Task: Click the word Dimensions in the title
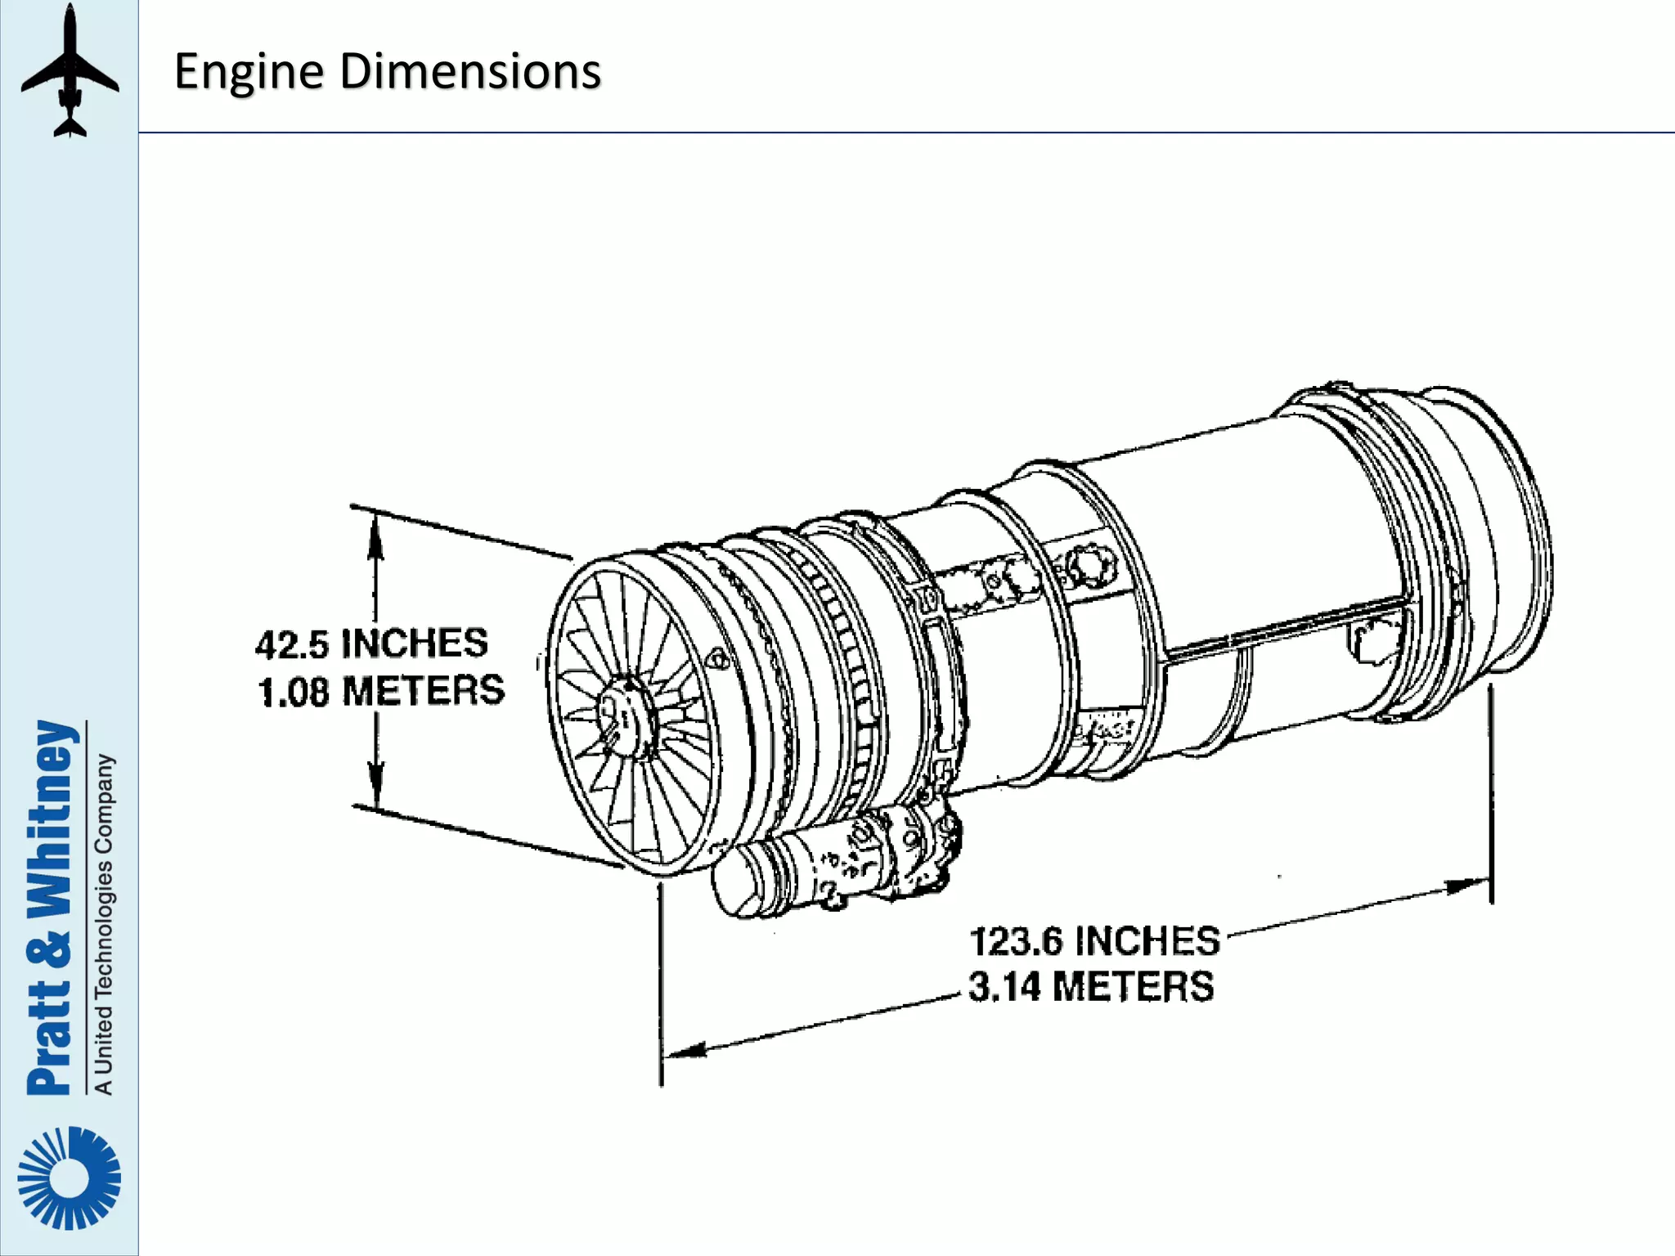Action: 470,72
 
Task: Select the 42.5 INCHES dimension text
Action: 371,644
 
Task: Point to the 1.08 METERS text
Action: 381,692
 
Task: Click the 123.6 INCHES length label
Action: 1094,942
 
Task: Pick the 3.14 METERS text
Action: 1091,987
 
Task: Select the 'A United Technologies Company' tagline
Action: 103,924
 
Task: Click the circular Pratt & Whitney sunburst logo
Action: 70,1177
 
